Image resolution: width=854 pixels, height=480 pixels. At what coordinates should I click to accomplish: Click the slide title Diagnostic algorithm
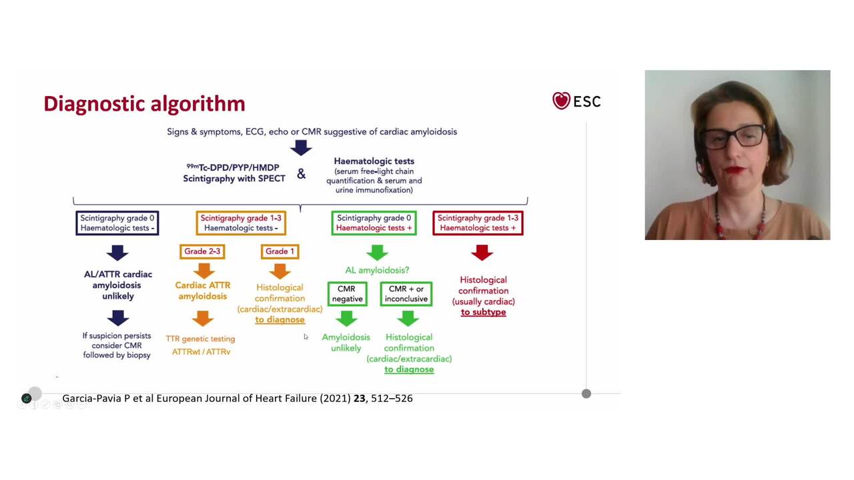click(x=144, y=104)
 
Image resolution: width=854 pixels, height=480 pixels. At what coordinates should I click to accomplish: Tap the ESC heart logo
click(x=561, y=101)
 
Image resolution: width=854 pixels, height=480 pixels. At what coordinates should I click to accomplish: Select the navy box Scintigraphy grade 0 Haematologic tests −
click(x=117, y=223)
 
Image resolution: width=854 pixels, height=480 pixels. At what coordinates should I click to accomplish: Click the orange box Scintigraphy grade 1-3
click(x=241, y=223)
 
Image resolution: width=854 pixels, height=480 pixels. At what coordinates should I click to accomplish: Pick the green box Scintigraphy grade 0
click(x=374, y=223)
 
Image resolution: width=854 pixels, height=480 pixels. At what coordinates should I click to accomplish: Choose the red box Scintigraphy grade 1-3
click(x=478, y=223)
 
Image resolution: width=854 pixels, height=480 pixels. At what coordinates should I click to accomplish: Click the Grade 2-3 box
click(x=202, y=251)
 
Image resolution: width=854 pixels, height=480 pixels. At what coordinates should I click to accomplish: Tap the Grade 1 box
click(x=280, y=251)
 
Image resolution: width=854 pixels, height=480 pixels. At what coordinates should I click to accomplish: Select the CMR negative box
click(x=347, y=294)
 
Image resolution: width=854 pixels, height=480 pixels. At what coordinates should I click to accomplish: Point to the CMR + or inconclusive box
click(x=406, y=294)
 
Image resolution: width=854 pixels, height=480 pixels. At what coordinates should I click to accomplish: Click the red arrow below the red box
click(x=482, y=253)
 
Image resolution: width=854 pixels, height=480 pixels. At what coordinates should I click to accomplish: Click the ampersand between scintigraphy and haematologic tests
click(x=302, y=174)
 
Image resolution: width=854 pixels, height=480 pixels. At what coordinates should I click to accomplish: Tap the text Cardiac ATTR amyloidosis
click(x=203, y=291)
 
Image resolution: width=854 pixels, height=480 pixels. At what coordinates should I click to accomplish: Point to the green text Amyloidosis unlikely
click(x=346, y=343)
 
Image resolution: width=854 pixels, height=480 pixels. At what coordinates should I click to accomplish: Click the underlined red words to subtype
click(x=483, y=312)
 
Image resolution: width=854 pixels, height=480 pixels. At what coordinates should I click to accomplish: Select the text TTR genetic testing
click(x=200, y=339)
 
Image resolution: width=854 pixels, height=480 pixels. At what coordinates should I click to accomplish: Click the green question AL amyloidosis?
click(x=377, y=270)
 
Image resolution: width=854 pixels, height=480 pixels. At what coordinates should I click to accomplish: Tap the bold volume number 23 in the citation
click(x=360, y=398)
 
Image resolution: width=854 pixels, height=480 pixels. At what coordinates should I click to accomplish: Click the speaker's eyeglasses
click(x=732, y=135)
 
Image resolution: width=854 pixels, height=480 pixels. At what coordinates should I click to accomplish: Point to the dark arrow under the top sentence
click(x=301, y=147)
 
